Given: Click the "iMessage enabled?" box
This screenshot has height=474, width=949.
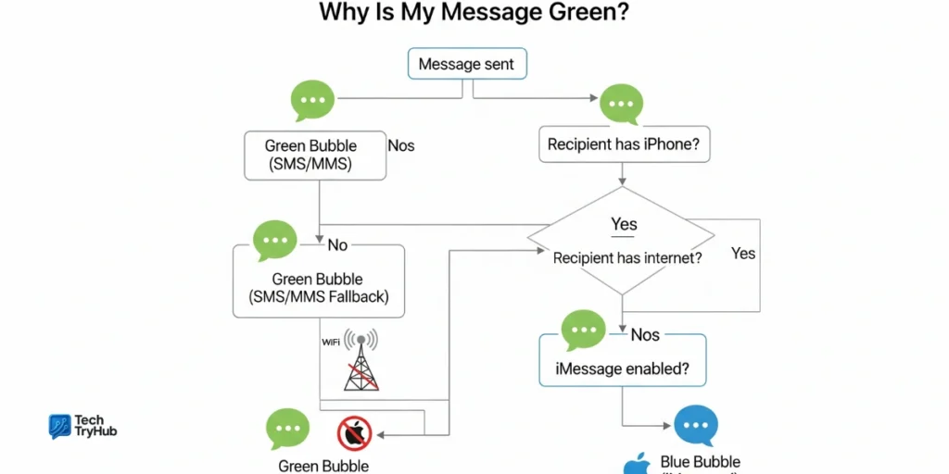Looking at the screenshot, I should pos(622,368).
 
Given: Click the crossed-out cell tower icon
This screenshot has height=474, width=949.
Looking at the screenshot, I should pos(361,360).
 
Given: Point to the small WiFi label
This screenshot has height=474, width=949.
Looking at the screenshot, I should pos(331,343).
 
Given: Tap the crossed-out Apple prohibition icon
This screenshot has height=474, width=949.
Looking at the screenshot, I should pos(354,432).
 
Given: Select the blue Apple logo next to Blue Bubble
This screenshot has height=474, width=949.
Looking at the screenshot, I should pos(638,464).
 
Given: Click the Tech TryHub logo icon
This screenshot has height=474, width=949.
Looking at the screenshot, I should pos(60,426).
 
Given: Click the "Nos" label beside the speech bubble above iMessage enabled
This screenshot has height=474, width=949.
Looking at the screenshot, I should pos(645,334).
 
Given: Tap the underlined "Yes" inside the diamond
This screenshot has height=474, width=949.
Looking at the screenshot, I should pos(625,224).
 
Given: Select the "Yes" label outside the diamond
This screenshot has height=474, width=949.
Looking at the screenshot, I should pos(743,253).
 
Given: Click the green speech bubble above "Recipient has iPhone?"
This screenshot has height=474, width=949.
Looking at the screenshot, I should pos(621,103).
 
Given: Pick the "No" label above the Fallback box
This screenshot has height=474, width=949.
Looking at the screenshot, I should pos(337,244).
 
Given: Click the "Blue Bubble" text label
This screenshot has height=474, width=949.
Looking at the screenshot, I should pos(701,462).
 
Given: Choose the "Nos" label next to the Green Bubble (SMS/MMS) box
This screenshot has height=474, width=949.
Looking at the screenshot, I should pos(401,145).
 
